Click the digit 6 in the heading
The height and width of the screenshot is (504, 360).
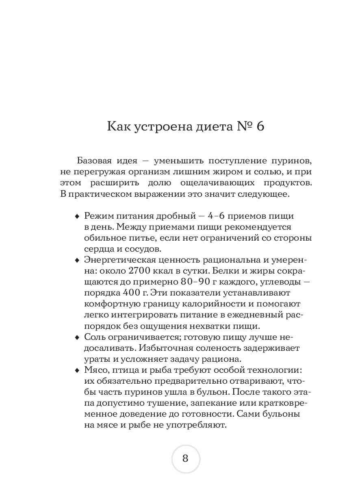(260, 126)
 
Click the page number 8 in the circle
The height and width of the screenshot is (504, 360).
(185, 458)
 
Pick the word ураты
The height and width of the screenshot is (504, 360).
(96, 359)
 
